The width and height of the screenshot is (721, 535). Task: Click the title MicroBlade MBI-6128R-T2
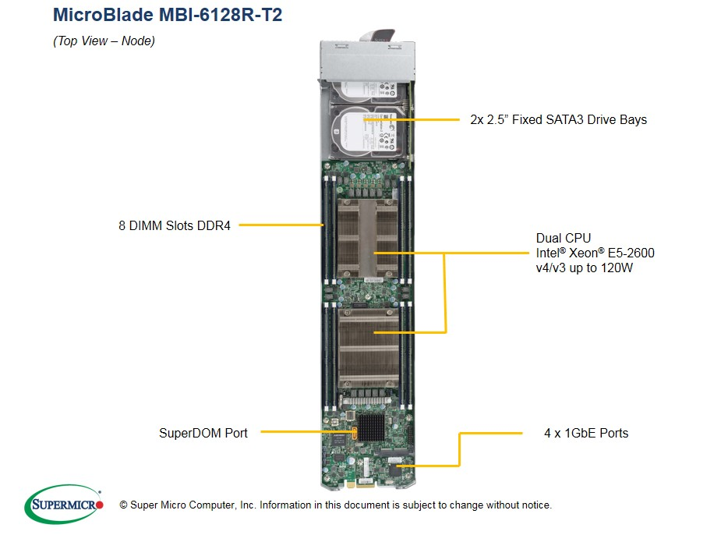tap(167, 15)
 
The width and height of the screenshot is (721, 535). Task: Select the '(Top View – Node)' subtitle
tap(104, 41)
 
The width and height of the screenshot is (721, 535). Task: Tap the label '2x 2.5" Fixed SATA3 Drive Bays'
tap(558, 119)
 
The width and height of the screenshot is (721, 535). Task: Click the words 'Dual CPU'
tap(563, 238)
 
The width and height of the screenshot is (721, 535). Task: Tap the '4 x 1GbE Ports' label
tap(585, 433)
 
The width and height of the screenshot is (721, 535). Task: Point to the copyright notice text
tap(335, 505)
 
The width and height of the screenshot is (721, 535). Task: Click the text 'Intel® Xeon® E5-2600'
tap(595, 253)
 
